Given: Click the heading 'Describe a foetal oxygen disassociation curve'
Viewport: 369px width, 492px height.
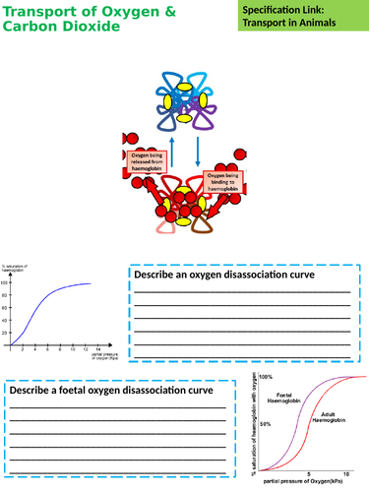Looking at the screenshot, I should click(x=111, y=391).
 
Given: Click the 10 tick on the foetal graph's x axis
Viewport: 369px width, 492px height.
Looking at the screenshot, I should click(x=346, y=471).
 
